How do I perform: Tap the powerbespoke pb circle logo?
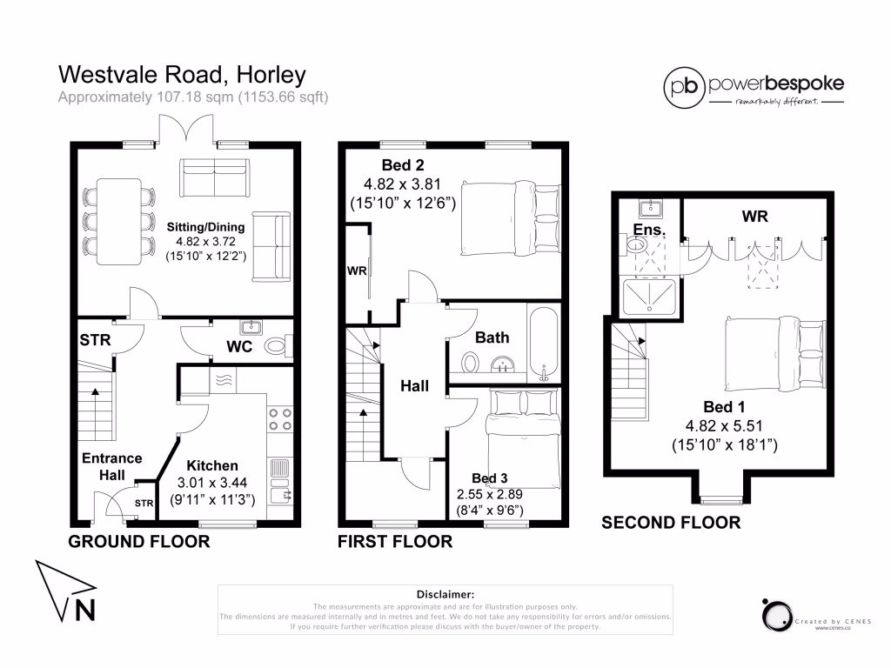(685, 86)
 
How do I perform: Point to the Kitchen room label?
(205, 465)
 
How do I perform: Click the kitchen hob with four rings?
(280, 419)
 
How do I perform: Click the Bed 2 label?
(403, 165)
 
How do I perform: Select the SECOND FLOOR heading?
(671, 523)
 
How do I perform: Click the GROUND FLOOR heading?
(139, 542)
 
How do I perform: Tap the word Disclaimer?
(445, 592)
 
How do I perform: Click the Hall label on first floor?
(414, 385)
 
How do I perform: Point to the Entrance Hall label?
(111, 466)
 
